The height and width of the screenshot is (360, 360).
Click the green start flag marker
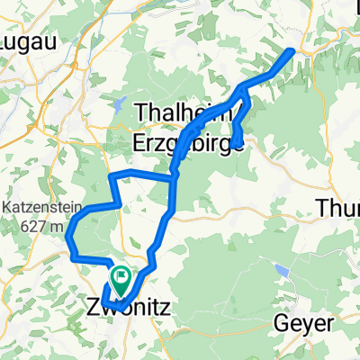120,274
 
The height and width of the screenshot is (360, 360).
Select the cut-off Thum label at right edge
339,209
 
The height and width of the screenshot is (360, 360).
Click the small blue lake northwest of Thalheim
117,105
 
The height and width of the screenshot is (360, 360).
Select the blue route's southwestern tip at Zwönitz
103,299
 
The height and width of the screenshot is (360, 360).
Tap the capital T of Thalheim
141,112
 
